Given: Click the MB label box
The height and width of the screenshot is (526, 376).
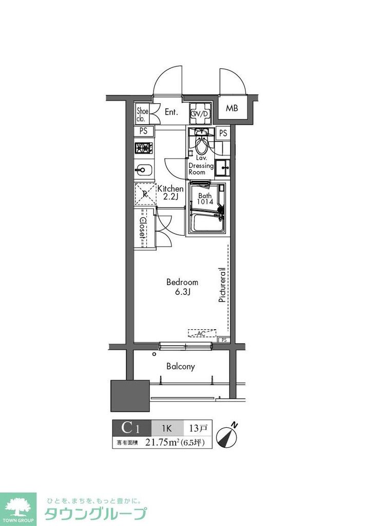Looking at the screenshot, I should click(x=232, y=108).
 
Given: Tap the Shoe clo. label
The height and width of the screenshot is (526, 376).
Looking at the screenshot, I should click(x=142, y=115).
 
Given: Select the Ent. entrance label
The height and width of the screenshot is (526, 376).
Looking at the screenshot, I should click(x=171, y=112).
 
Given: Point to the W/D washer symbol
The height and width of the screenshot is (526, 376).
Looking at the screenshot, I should click(x=200, y=114).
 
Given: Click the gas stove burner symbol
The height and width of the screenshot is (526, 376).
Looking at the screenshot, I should click(x=144, y=148).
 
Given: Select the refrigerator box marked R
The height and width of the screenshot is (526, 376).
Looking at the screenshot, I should click(x=144, y=194).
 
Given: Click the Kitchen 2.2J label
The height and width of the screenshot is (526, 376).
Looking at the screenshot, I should click(x=170, y=193).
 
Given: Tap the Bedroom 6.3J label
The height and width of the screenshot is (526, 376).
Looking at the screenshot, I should click(x=182, y=287).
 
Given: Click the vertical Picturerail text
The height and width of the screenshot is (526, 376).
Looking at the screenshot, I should click(x=222, y=284).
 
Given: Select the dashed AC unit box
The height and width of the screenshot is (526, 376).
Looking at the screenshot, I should click(x=201, y=333).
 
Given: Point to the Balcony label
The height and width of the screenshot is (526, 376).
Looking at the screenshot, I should click(x=180, y=366).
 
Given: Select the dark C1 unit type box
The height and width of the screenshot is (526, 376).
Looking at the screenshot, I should click(x=131, y=427).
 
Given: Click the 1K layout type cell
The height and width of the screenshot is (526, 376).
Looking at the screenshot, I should click(x=167, y=427).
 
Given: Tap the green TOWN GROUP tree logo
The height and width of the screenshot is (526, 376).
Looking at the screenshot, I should click(x=18, y=509).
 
